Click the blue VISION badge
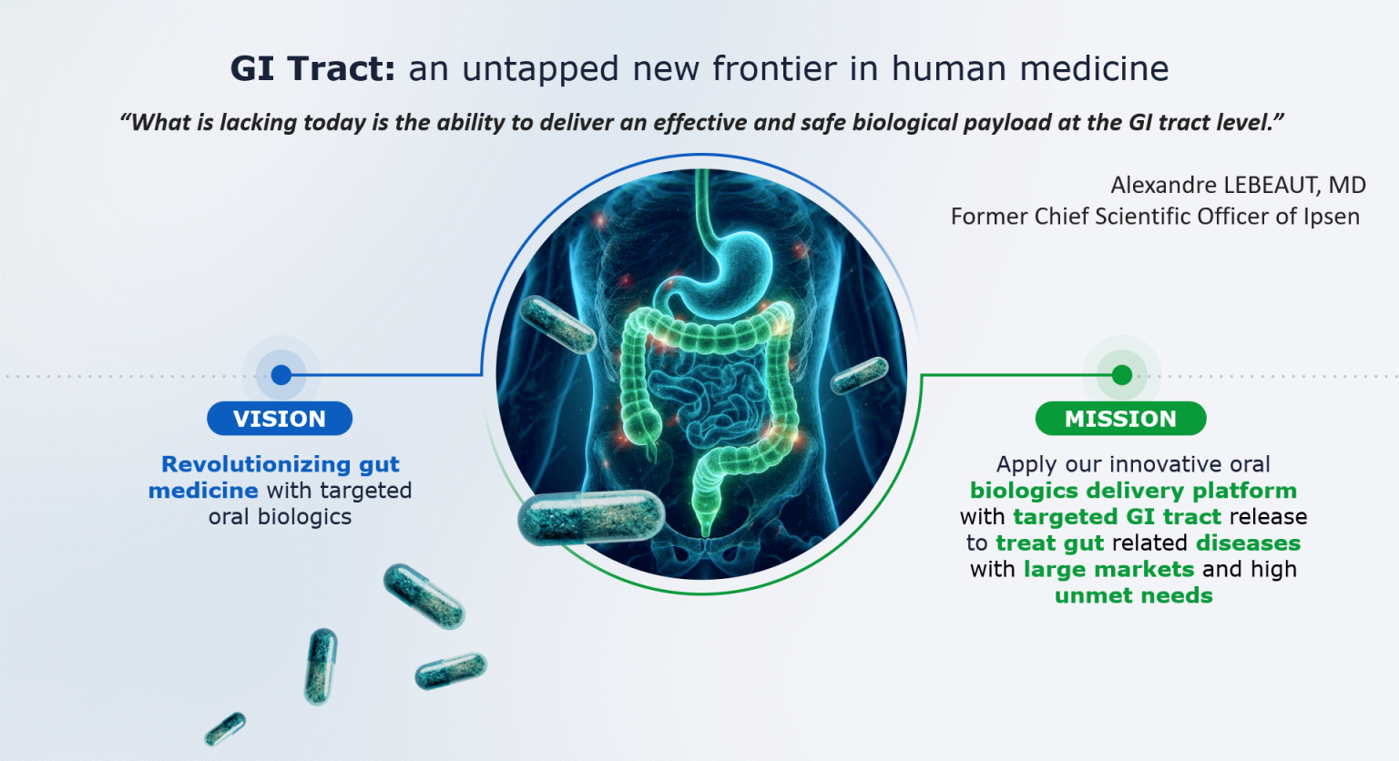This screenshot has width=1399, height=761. click(280, 419)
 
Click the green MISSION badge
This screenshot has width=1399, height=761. click(1120, 419)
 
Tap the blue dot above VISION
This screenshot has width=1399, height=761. click(281, 375)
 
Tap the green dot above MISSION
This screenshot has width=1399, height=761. click(1122, 375)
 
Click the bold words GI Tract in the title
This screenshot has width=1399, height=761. click(312, 69)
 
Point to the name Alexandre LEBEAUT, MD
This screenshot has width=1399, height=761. click(1238, 186)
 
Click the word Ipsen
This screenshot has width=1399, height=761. click(1332, 217)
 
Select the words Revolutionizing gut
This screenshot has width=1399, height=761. click(281, 464)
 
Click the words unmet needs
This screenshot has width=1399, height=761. click(1133, 596)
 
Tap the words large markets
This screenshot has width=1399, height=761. click(1108, 570)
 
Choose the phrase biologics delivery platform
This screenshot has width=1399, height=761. click(1133, 491)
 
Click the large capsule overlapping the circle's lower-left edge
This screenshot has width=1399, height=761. click(591, 517)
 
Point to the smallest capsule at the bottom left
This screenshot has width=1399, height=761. click(225, 728)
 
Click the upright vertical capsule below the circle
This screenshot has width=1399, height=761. click(321, 666)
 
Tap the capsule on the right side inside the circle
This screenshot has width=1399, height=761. click(860, 375)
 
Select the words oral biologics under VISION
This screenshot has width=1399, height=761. click(280, 517)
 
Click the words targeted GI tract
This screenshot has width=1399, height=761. click(1117, 517)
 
